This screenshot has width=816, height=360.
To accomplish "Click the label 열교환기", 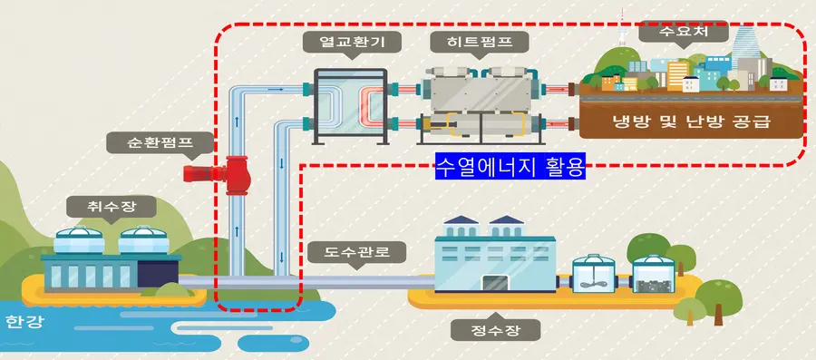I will tap(346, 42).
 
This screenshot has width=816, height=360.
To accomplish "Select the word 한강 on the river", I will tap(24, 323).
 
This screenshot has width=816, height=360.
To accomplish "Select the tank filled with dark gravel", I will tap(655, 272).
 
